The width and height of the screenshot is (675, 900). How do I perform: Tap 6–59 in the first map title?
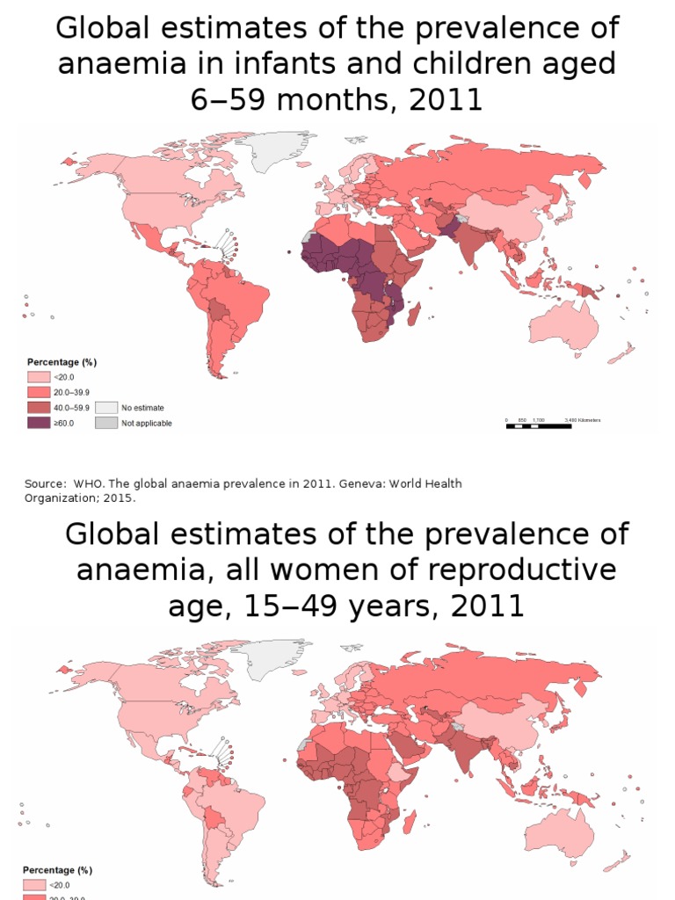point(229,100)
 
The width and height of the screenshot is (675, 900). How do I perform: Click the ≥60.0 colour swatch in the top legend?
point(38,423)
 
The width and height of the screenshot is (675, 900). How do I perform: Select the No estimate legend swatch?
point(105,408)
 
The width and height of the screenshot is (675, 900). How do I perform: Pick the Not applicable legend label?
point(146,423)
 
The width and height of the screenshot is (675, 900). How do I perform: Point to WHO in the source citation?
point(88,483)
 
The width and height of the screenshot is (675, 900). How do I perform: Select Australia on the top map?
point(562,325)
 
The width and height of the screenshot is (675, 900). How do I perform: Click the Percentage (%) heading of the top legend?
point(61,362)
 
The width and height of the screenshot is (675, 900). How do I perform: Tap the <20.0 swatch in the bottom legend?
point(34,885)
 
